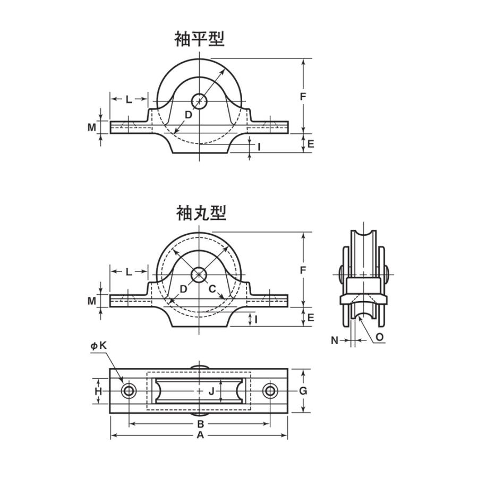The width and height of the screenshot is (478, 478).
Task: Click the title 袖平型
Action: point(199,39)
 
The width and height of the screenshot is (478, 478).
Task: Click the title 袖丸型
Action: point(201,213)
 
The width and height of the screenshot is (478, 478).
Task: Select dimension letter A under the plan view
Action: point(200,435)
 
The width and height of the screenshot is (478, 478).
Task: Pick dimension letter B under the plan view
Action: point(200,424)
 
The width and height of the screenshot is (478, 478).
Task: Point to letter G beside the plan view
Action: point(303,391)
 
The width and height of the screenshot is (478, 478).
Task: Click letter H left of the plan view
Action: point(98,391)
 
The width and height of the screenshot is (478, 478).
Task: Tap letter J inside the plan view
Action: point(211,391)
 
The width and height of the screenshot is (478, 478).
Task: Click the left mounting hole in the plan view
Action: point(129,391)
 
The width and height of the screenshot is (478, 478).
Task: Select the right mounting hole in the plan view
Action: point(270,391)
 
